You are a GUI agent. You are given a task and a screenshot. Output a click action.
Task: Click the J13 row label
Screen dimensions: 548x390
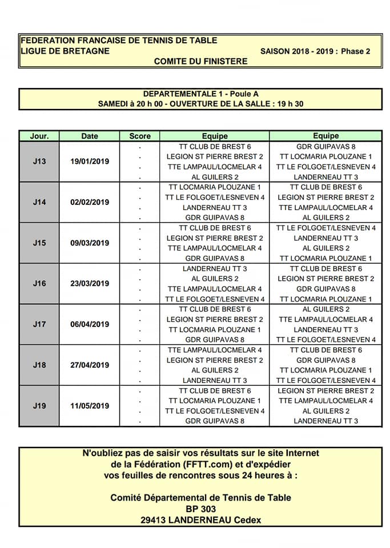click(x=39, y=162)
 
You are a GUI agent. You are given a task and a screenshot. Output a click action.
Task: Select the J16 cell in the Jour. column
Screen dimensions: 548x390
click(x=39, y=284)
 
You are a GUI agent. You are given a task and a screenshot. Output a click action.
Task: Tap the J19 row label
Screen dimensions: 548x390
click(x=39, y=406)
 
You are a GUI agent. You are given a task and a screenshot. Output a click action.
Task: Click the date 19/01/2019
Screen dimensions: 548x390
click(x=90, y=162)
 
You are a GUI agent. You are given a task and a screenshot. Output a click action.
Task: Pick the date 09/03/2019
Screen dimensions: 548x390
click(x=90, y=243)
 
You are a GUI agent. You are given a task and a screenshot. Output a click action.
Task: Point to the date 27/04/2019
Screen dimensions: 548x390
click(x=90, y=365)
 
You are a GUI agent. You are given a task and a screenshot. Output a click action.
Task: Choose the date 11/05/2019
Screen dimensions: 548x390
click(x=90, y=406)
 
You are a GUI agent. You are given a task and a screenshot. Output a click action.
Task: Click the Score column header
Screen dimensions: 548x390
click(x=140, y=136)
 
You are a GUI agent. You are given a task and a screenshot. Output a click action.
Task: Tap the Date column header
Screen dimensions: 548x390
click(x=90, y=136)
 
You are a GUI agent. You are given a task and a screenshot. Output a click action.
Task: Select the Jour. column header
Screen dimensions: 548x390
click(x=39, y=136)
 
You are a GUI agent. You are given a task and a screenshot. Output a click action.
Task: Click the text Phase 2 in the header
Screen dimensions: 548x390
click(x=356, y=51)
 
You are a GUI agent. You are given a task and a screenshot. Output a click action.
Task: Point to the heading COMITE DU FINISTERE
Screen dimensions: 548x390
click(x=200, y=61)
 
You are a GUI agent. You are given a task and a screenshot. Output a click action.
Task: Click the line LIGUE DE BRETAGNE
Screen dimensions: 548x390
click(x=65, y=51)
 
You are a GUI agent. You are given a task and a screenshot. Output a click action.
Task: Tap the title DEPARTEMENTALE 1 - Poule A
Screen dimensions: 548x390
click(x=200, y=94)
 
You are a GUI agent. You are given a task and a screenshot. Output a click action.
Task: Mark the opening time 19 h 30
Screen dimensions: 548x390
click(x=287, y=104)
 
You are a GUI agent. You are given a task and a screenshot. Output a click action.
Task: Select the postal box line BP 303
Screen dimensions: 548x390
click(x=200, y=509)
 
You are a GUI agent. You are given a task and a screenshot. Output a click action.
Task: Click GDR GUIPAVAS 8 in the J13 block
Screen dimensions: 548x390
click(x=326, y=147)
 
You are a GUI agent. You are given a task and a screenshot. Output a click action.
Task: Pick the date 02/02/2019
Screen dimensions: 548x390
click(x=90, y=203)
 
